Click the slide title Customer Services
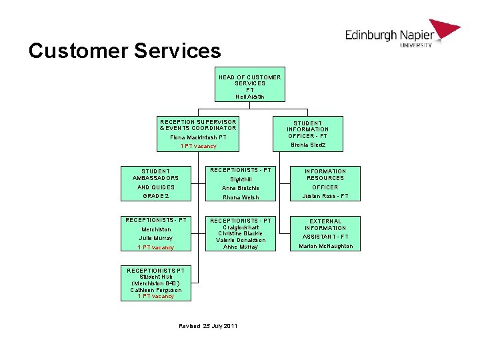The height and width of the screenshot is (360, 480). (124, 51)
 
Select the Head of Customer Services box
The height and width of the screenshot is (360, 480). (250, 84)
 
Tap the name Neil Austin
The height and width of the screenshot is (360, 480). (250, 97)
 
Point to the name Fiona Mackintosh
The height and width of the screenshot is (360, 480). (198, 137)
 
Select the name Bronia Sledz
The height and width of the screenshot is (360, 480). (307, 145)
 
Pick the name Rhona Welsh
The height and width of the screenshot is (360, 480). (241, 197)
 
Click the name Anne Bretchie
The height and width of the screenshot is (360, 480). (241, 188)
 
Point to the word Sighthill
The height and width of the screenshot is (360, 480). (241, 179)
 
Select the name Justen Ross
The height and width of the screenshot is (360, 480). (325, 197)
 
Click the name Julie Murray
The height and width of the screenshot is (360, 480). (156, 238)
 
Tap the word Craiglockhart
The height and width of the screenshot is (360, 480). (241, 227)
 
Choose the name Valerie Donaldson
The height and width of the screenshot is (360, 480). (241, 240)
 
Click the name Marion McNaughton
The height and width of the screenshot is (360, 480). (325, 247)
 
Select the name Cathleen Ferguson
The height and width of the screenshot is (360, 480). (156, 290)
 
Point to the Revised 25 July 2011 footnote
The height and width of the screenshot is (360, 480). (208, 325)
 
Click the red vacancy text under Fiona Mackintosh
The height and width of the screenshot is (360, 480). (198, 146)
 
